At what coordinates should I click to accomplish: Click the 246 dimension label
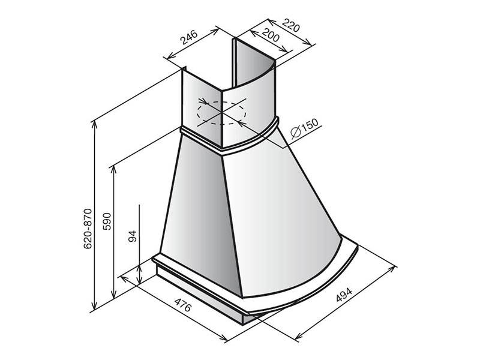click(189, 38)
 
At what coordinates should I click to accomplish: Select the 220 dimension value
click(290, 25)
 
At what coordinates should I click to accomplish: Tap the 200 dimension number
click(271, 35)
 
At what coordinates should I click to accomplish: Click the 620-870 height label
click(88, 229)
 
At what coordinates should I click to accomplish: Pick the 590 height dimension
click(107, 221)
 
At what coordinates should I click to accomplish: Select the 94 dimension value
click(132, 236)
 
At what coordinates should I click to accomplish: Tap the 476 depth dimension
click(183, 304)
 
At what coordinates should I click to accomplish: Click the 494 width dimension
click(344, 294)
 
